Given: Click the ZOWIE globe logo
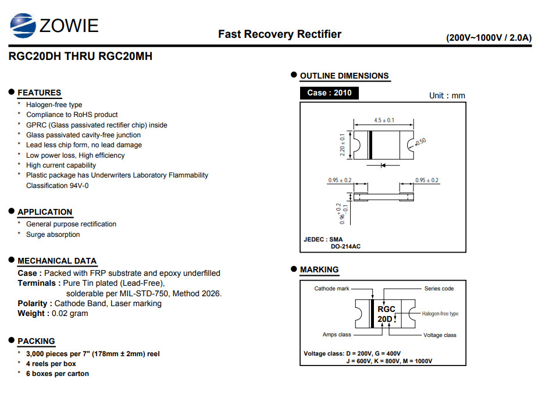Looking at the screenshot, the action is [x=23, y=26].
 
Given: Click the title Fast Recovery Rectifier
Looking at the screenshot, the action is [x=280, y=34].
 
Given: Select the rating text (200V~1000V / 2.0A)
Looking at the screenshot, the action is [x=488, y=38].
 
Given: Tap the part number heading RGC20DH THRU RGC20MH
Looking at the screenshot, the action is [x=80, y=56].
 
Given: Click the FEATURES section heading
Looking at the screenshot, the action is [x=40, y=93].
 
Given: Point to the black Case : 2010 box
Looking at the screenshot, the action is [x=329, y=93].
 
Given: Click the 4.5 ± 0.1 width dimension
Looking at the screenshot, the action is [x=384, y=120].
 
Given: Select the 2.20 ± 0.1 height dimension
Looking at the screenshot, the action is [x=342, y=144].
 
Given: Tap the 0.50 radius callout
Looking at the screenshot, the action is [x=420, y=142].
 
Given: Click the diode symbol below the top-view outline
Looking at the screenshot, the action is [x=383, y=165].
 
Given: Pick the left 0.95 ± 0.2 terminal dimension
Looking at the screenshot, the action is [x=340, y=180].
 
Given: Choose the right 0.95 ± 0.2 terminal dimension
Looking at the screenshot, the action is [x=426, y=180].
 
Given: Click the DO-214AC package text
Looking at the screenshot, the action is [x=345, y=246].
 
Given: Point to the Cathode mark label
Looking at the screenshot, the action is [x=331, y=289].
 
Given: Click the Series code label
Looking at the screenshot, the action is [x=439, y=289].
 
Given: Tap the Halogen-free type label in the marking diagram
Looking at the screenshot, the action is [x=440, y=314].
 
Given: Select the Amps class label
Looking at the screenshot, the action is [x=337, y=335].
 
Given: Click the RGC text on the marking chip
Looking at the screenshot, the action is [x=386, y=309].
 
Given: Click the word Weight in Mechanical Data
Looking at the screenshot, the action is [x=31, y=314].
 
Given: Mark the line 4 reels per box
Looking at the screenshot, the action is [x=51, y=364].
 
